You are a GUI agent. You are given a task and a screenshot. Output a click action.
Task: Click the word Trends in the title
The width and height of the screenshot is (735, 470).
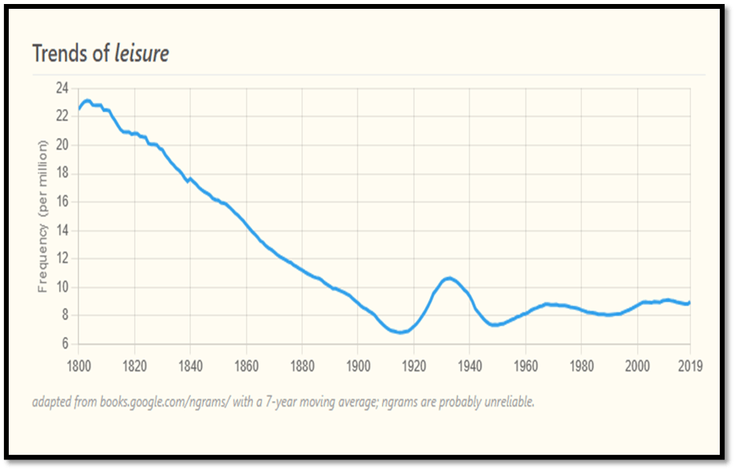click(60, 54)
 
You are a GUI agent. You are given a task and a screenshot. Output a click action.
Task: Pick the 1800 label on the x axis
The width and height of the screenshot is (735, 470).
click(79, 367)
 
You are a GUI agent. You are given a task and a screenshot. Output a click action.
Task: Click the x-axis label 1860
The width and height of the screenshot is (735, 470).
click(246, 367)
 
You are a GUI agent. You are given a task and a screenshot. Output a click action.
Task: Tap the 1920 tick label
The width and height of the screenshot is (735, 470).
click(413, 367)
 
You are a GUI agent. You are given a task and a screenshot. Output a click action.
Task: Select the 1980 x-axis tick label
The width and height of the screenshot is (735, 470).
click(581, 367)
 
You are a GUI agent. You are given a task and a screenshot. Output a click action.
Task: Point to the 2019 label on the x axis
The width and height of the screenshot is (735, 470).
click(690, 367)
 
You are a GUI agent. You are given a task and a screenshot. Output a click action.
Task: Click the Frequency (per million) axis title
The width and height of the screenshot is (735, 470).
click(43, 216)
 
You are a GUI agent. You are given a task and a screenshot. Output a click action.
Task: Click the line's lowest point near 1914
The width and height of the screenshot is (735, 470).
click(399, 332)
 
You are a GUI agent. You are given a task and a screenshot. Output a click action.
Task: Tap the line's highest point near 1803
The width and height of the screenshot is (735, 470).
click(87, 100)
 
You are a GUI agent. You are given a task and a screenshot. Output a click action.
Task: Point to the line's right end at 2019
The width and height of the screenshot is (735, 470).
click(689, 302)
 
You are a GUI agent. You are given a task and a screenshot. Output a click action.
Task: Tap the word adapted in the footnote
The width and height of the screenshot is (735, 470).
click(51, 400)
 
